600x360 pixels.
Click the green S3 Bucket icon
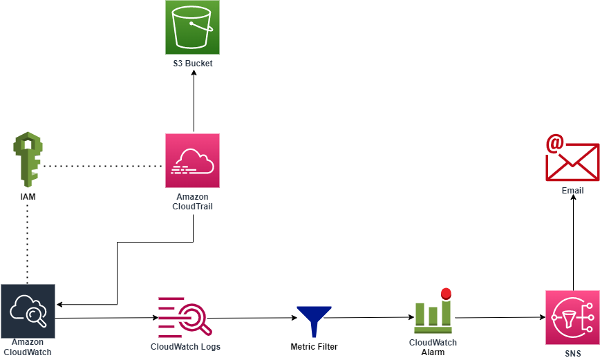[192, 27]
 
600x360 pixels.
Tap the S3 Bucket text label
[192, 64]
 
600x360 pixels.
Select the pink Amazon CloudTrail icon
[192, 160]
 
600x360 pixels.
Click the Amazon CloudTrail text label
[192, 202]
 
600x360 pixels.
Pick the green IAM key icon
[27, 161]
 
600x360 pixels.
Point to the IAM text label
[28, 198]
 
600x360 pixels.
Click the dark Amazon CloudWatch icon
[28, 310]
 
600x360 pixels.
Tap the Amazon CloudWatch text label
[28, 347]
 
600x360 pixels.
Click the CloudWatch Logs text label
[185, 346]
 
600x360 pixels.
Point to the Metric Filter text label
[315, 346]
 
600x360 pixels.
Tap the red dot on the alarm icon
[446, 293]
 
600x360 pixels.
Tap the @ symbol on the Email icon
[554, 144]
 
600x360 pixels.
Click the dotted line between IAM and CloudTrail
[104, 167]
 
